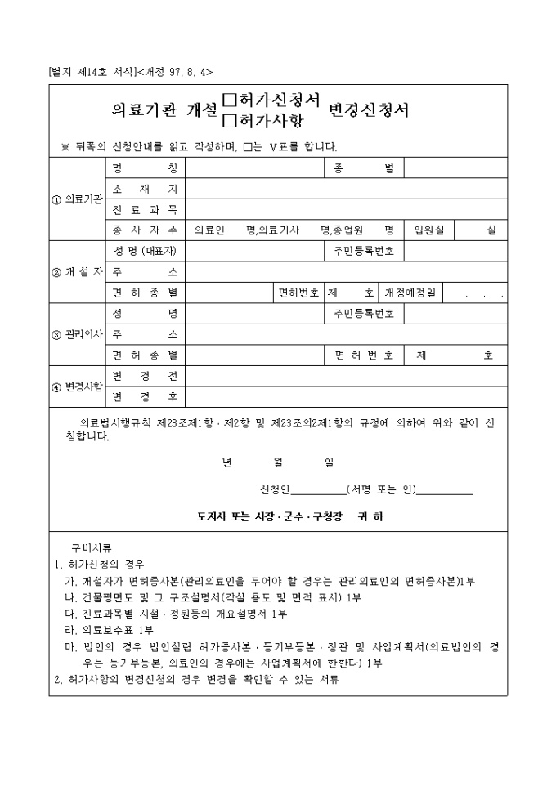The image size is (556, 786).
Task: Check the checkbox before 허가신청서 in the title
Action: [x=229, y=100]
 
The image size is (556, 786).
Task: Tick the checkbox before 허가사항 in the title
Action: [x=229, y=120]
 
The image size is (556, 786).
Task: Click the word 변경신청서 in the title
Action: [x=369, y=110]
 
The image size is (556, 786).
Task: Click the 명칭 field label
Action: [x=145, y=168]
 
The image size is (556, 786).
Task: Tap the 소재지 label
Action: [x=145, y=189]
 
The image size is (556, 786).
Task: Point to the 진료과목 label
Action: [x=145, y=210]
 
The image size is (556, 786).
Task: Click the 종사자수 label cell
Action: [x=145, y=230]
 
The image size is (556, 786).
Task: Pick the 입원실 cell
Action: [x=428, y=230]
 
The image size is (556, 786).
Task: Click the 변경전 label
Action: [x=145, y=376]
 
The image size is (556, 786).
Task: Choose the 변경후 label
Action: [x=145, y=396]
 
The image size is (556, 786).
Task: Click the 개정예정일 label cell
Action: [x=410, y=292]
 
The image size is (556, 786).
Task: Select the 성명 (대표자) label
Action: [x=145, y=251]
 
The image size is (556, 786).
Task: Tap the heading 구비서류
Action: [x=92, y=547]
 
